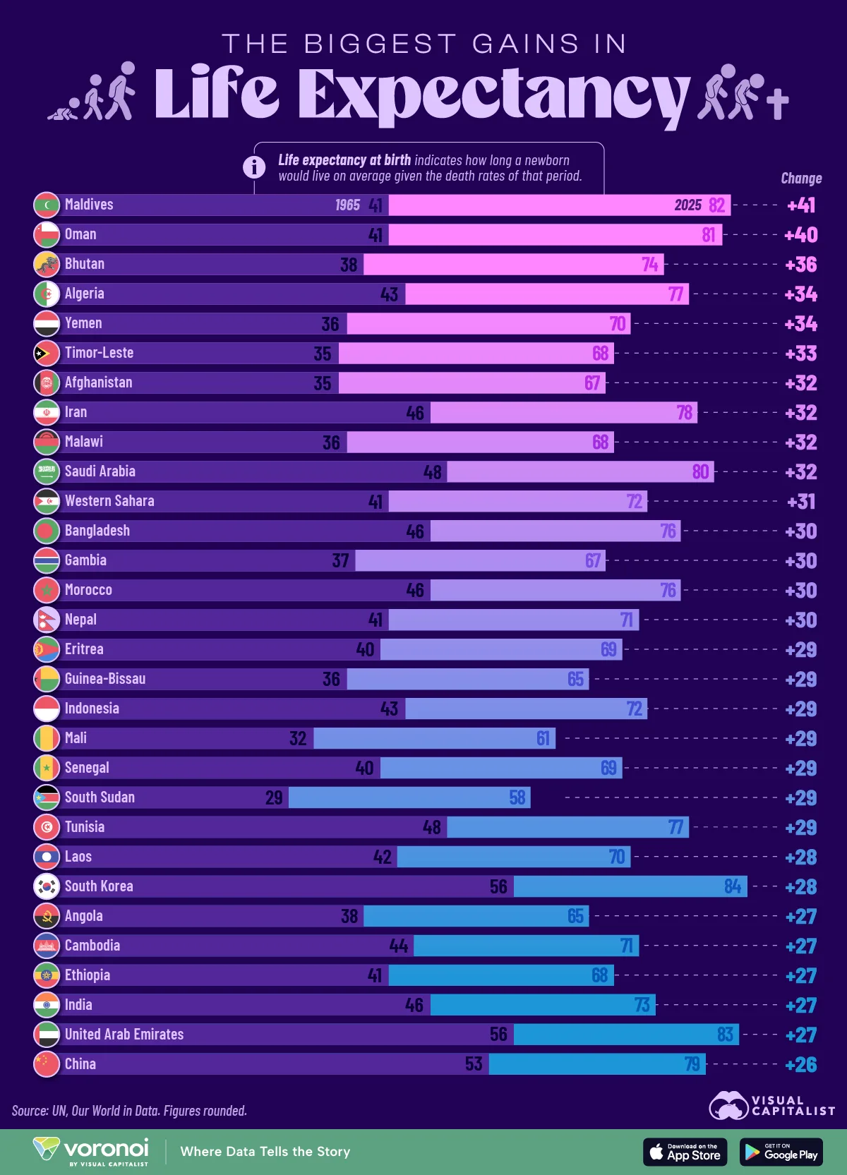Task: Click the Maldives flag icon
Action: [47, 205]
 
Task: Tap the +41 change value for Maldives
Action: [801, 205]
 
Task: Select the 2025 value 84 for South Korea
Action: [733, 886]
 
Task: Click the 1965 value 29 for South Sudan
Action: [274, 797]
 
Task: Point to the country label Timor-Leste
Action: [99, 353]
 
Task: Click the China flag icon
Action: [47, 1064]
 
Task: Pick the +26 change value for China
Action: [801, 1064]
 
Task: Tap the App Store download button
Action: [685, 1152]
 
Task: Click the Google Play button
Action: [781, 1152]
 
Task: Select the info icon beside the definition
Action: [254, 167]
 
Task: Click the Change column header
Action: [801, 179]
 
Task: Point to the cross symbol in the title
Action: [777, 104]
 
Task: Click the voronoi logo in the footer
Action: [92, 1151]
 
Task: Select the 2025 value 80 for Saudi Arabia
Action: [700, 471]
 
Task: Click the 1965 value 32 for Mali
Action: [298, 738]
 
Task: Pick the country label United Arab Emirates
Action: [124, 1035]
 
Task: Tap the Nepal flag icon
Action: [47, 620]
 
